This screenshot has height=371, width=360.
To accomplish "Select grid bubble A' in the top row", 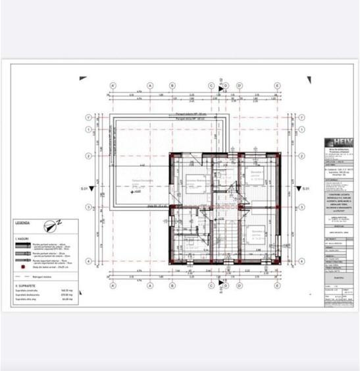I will pos(113,86).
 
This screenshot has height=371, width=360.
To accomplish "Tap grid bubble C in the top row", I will pos(211,86).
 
